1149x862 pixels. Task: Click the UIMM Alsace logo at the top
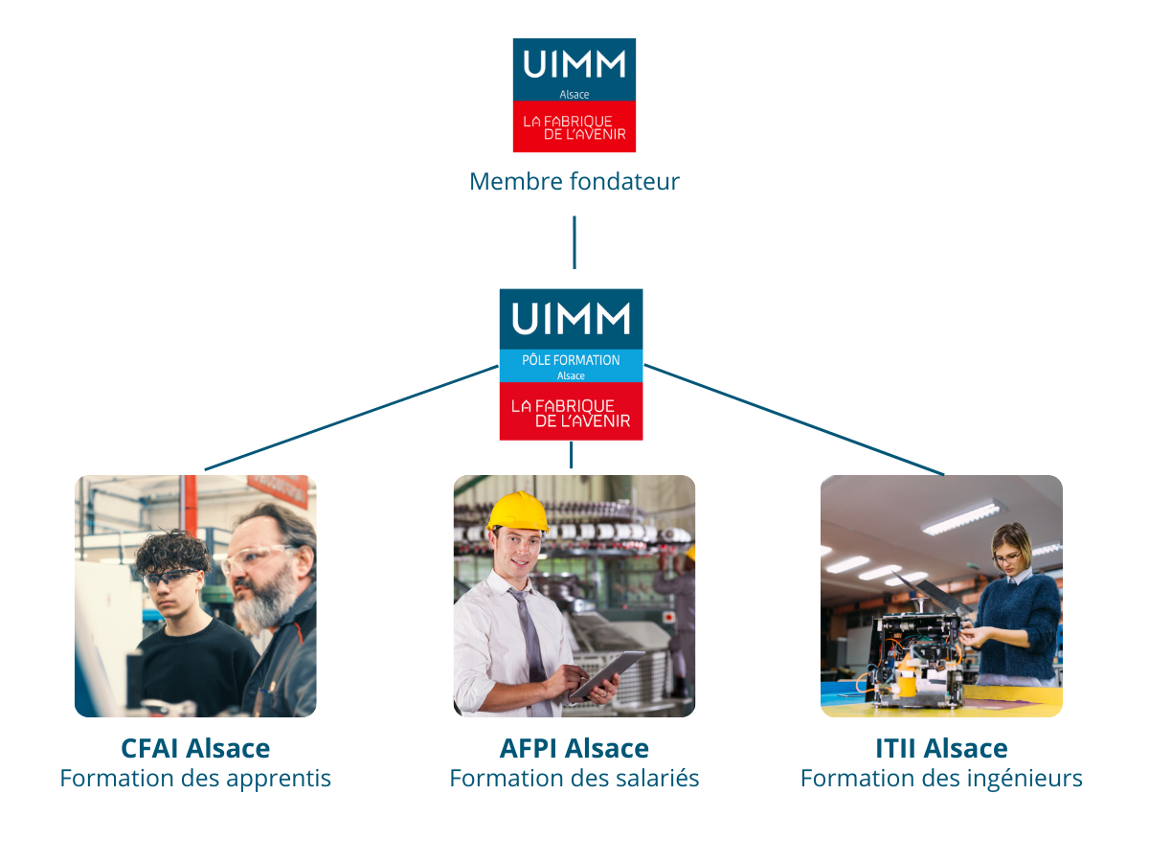tap(574, 95)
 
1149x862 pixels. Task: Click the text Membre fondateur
tap(574, 181)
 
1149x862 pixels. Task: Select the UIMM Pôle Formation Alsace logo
tap(571, 364)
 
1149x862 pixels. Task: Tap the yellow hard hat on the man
tap(517, 511)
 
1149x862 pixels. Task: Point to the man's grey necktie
tap(529, 642)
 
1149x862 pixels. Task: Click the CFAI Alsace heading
tap(195, 748)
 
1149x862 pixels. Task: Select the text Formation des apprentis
tap(195, 779)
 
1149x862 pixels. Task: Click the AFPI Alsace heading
tap(574, 748)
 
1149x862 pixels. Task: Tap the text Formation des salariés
tap(574, 779)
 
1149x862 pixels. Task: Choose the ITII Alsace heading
tap(941, 748)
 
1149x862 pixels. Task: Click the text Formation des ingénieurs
tap(941, 779)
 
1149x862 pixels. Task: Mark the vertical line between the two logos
tap(574, 241)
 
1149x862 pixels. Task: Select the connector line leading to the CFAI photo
tap(350, 418)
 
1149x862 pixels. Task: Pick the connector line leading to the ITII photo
tap(795, 420)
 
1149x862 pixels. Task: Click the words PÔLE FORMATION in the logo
tap(571, 360)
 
